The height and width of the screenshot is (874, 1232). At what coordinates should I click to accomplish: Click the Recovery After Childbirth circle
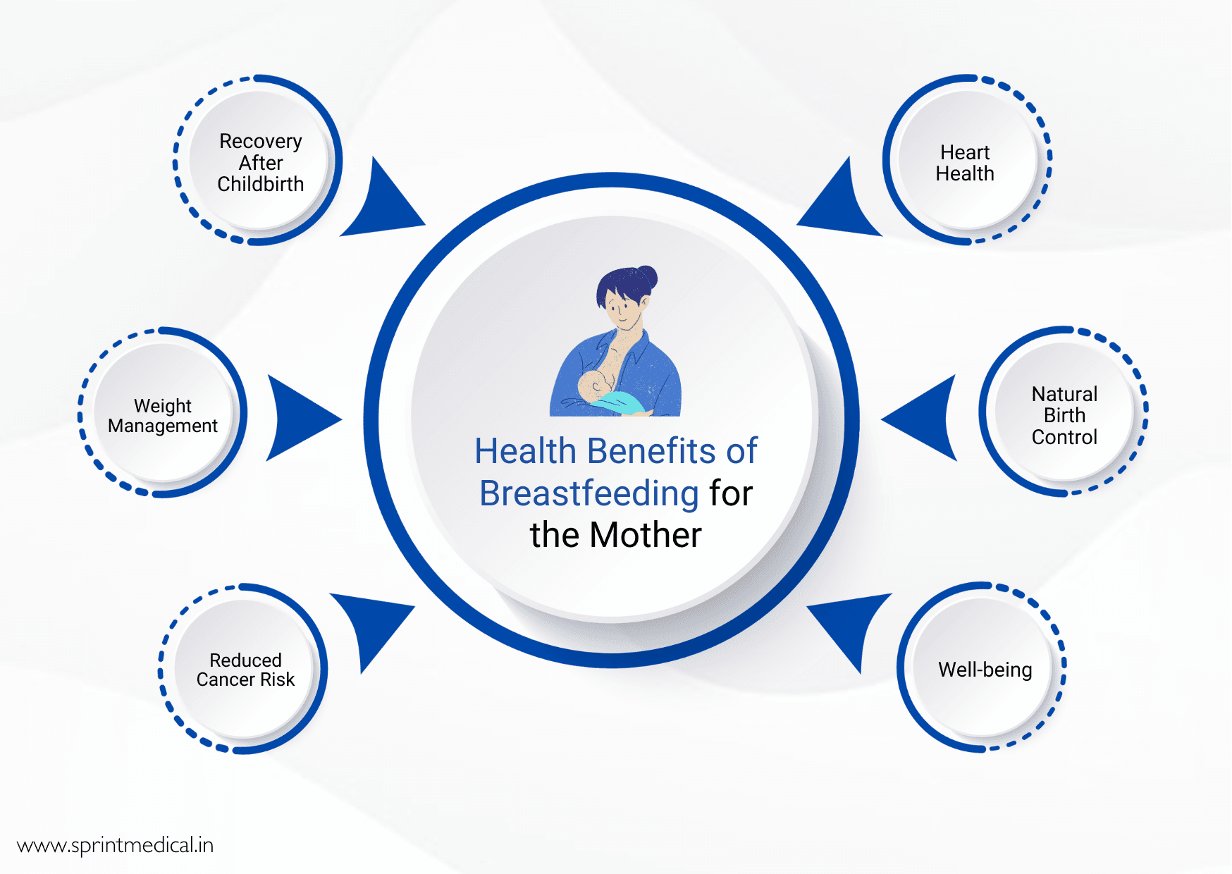click(x=259, y=161)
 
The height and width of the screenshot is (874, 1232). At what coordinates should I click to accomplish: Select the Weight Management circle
click(x=163, y=414)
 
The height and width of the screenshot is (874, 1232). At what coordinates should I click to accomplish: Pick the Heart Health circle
click(x=966, y=161)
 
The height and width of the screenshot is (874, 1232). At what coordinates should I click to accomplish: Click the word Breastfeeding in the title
click(x=589, y=493)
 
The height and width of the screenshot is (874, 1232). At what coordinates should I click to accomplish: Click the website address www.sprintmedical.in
click(x=115, y=845)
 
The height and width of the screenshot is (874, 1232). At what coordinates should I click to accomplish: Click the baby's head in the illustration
click(x=591, y=386)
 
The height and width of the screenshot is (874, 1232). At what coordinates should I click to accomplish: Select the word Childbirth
click(x=260, y=185)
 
